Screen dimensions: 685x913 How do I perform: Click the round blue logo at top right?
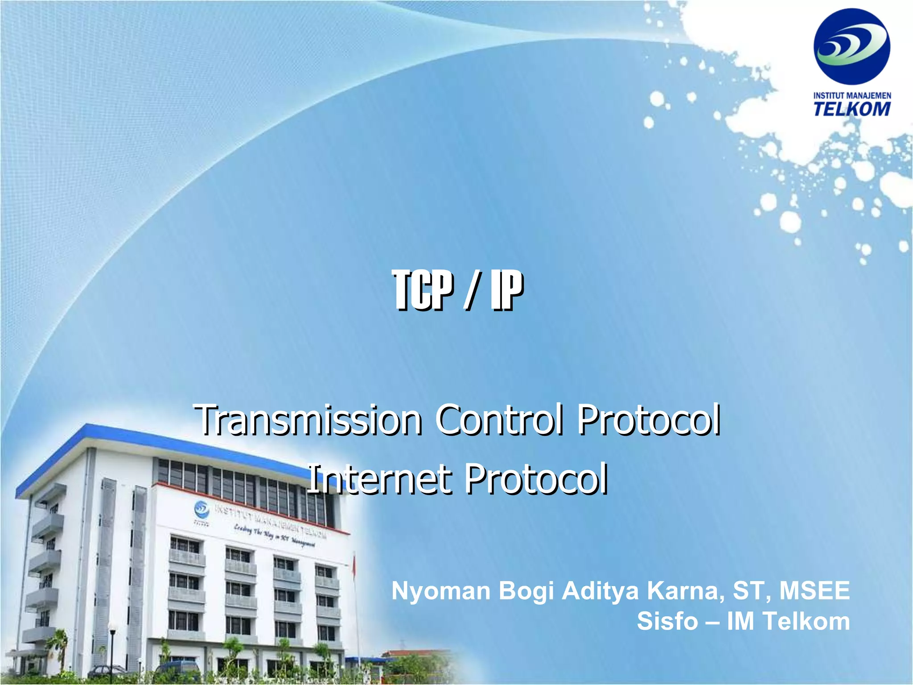851,46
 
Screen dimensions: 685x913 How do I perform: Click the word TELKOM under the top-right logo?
852,109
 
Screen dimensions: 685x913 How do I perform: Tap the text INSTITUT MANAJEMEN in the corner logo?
852,95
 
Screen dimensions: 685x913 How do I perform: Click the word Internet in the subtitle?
379,479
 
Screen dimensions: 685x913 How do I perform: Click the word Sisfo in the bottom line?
667,621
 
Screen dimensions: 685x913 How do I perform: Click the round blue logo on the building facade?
202,508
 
